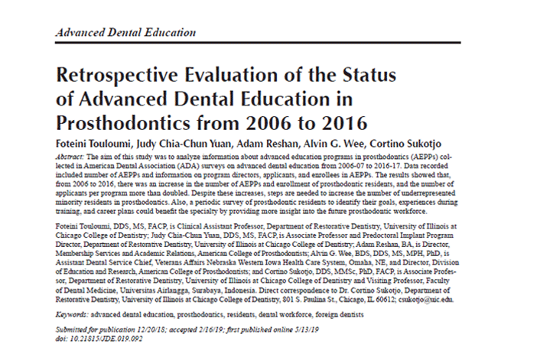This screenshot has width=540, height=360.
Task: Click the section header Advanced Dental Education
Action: point(125,34)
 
